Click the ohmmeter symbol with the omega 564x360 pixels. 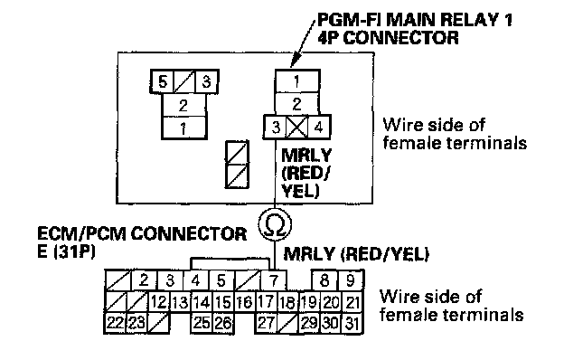click(275, 224)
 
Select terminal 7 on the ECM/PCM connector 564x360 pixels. click(274, 280)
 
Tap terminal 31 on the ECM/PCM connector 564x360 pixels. click(352, 323)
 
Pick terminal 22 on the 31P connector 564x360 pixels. click(115, 323)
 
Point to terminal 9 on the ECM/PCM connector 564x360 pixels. click(351, 280)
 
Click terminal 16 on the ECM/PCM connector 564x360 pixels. click(245, 302)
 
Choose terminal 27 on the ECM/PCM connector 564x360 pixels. click(266, 323)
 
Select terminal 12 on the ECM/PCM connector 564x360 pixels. click(159, 302)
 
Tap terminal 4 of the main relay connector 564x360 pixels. click(319, 127)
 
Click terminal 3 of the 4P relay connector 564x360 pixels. click(276, 127)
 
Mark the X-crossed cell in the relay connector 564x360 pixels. click(297, 127)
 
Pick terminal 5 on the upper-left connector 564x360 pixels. click(163, 81)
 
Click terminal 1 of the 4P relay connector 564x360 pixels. click(297, 81)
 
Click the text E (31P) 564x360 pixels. click(66, 251)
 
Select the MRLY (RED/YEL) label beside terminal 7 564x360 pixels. click(356, 254)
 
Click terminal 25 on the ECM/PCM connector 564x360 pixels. click(202, 323)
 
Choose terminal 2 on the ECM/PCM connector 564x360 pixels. click(144, 280)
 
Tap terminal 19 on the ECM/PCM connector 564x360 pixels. click(309, 302)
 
